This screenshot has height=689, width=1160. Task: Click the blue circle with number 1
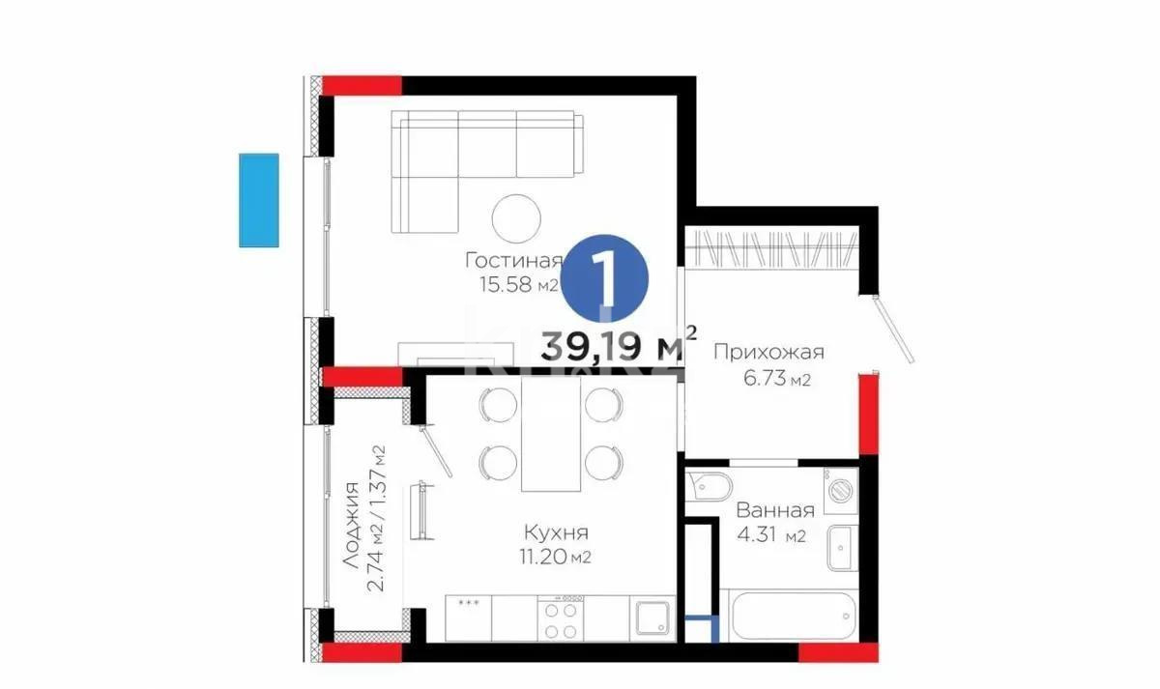click(x=606, y=278)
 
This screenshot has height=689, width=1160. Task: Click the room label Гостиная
click(x=513, y=261)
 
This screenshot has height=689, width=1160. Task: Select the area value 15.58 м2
click(x=517, y=284)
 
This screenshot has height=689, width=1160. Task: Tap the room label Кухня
click(x=556, y=532)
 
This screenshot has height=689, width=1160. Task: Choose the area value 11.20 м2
click(x=556, y=557)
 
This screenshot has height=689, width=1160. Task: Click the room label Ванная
click(x=775, y=510)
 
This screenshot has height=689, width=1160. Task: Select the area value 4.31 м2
click(x=771, y=535)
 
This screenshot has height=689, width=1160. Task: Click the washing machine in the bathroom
click(x=839, y=489)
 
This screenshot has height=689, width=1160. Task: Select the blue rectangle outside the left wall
click(x=259, y=200)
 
